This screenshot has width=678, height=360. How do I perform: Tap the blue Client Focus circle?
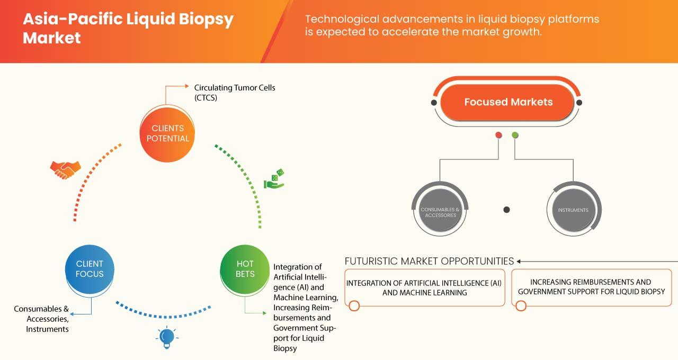[90, 269]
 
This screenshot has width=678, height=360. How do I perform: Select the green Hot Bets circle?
[245, 269]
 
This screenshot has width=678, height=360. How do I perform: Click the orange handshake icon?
[65, 169]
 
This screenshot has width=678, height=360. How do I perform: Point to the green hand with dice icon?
[274, 179]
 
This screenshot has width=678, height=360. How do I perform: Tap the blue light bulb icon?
[166, 337]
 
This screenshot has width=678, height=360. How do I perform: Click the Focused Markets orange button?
[508, 102]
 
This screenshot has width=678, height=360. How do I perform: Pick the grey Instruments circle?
[573, 210]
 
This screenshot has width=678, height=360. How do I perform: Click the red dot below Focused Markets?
[498, 135]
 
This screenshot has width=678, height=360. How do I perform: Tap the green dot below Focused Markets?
[515, 135]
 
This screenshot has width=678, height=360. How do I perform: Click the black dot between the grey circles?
[506, 210]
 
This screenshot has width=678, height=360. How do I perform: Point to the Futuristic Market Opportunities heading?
[429, 261]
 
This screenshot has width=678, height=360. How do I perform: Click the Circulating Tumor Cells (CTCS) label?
[234, 93]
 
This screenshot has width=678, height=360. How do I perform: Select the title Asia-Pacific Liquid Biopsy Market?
[128, 29]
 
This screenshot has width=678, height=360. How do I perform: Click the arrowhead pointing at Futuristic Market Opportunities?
[519, 261]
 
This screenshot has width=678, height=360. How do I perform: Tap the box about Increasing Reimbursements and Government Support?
[591, 287]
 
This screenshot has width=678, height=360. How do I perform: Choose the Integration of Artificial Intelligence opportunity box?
[424, 287]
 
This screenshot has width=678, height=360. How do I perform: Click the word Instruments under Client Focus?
[48, 329]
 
